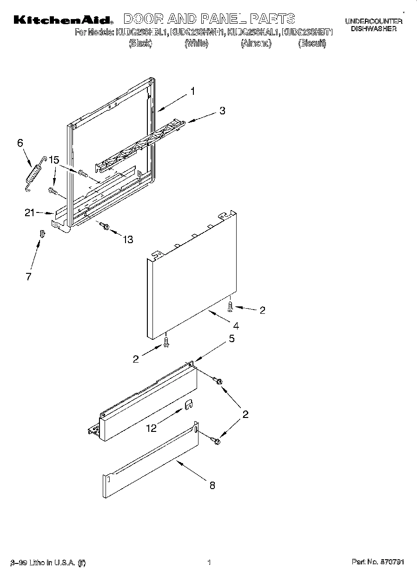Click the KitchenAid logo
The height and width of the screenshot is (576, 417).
coord(63,20)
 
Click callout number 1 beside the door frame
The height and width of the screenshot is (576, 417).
coord(192,92)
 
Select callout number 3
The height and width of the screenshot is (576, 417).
coord(222,111)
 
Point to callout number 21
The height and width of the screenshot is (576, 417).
coord(30,212)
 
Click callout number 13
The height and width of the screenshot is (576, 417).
coord(127,239)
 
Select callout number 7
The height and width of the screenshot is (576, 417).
coord(28,277)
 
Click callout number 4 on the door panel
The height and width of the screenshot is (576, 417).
coord(236,325)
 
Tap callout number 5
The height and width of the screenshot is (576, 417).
coord(232,339)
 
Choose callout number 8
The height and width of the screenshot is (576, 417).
coord(212,485)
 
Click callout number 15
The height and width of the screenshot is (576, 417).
coord(54,160)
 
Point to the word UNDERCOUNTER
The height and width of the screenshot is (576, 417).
coord(373,21)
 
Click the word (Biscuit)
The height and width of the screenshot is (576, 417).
coord(312,44)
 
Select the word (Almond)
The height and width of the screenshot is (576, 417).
coord(256,44)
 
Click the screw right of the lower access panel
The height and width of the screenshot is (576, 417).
coord(216,439)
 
